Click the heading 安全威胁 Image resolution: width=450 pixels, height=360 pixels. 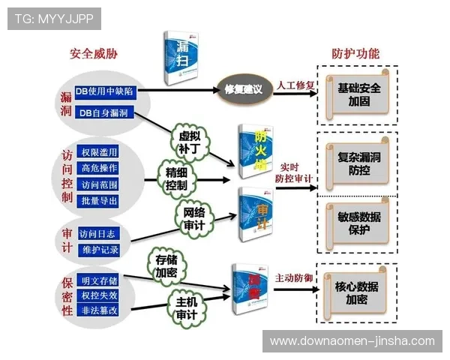point(94,54)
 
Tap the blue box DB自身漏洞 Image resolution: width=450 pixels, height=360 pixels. point(104,113)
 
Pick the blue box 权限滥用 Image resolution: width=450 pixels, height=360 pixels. point(98,152)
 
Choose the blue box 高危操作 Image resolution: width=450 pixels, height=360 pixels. point(98,168)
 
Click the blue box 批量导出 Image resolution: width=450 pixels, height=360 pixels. point(98,201)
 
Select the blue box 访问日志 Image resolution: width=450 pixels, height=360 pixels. point(98,232)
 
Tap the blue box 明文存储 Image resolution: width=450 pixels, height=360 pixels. point(98,280)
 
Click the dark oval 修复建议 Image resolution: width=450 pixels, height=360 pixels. point(243,89)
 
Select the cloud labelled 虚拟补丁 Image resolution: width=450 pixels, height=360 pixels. point(190,141)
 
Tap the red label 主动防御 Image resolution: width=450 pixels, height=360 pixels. point(294,277)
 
